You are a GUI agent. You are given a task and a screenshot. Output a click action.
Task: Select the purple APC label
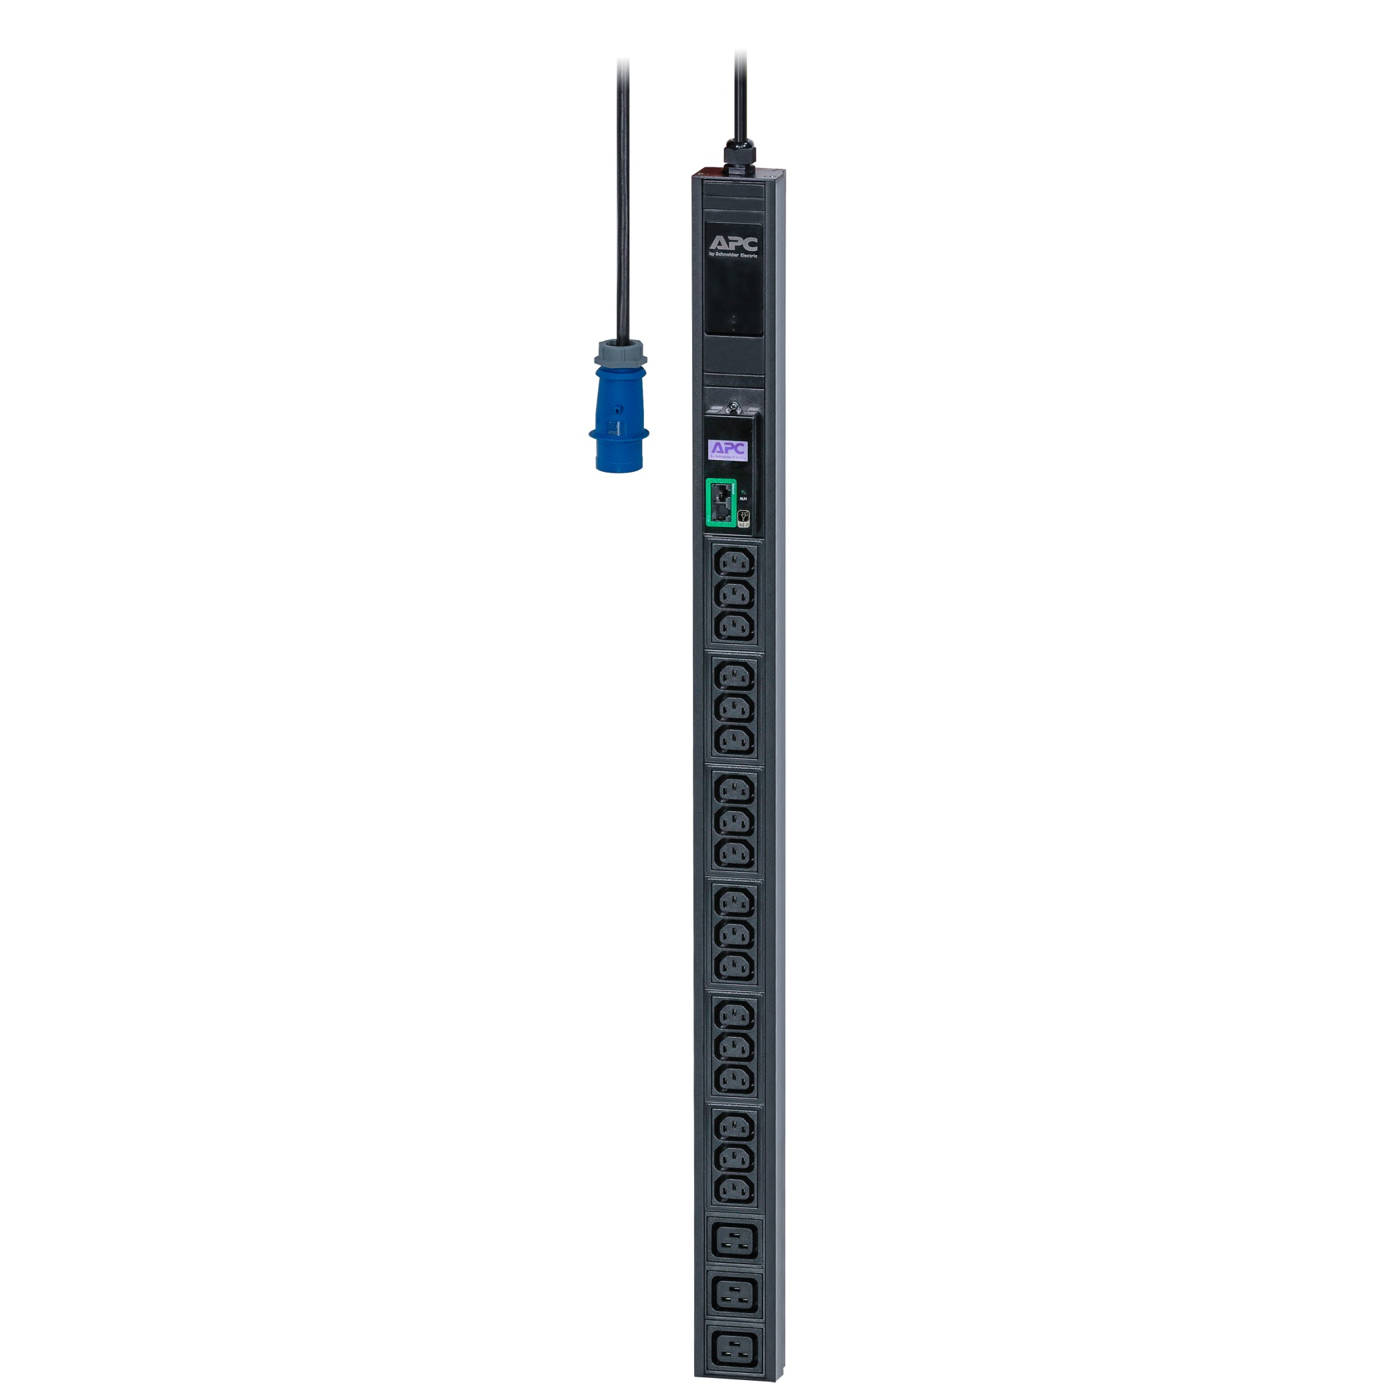[x=729, y=449]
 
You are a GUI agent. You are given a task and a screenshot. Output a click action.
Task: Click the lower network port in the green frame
[x=720, y=513]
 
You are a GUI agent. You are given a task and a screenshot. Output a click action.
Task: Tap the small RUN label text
[x=743, y=498]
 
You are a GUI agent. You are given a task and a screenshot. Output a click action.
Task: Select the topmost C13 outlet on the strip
[x=735, y=561]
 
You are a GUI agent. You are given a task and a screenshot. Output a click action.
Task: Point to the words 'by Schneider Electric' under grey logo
[x=733, y=254]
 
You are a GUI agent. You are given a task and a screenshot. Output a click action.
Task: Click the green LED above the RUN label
[x=743, y=489]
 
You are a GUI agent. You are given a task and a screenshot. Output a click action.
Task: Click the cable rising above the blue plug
[x=622, y=202]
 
